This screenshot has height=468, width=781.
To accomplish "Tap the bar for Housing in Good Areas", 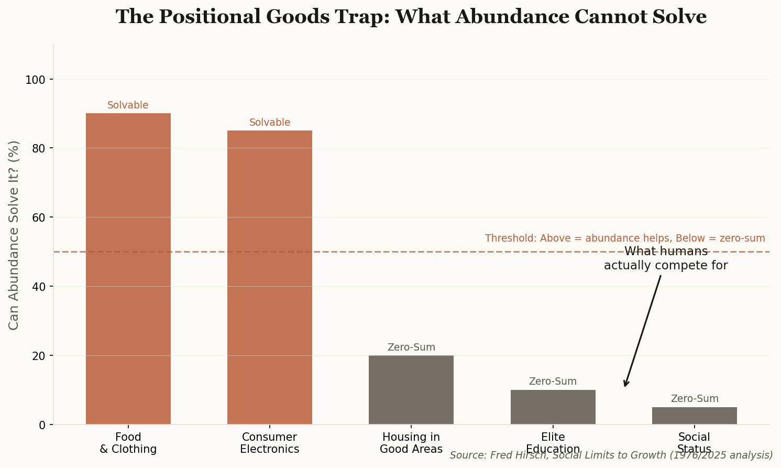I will coord(411,390).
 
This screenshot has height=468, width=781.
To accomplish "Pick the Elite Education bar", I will coord(553,407).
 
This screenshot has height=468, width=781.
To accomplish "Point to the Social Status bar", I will coord(694,416).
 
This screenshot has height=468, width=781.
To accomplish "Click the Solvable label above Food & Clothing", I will coord(128,105).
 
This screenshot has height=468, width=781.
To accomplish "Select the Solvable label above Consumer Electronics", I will coord(270,123).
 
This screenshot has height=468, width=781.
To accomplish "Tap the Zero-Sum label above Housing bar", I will coord(411,347).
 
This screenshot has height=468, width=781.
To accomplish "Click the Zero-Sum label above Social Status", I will coord(695,399).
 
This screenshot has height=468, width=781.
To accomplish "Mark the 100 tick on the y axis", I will coord(39,80).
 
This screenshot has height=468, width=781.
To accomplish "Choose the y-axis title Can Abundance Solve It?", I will coord(14,235).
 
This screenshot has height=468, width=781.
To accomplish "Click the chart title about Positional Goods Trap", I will coord(411,17).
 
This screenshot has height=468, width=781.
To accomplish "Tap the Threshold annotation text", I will coord(625,238).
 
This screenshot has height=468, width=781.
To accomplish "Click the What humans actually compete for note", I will coord(666,258).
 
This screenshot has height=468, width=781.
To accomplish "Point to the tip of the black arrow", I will coord(625,386).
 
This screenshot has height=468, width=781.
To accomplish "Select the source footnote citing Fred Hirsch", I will coord(611,455).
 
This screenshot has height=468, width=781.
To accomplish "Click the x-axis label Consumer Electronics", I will coord(270,443).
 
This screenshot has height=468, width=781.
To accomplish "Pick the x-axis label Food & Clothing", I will coord(128,443).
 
